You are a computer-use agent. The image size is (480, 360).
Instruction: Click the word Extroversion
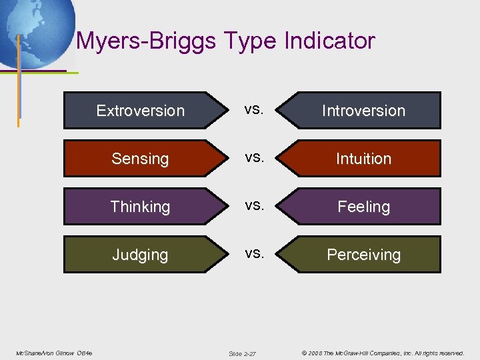coord(140,111)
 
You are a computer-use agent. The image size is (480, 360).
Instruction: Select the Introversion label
coord(363,111)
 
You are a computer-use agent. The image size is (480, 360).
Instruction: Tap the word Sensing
coord(140,159)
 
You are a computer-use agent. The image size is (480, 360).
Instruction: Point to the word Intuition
coord(363,159)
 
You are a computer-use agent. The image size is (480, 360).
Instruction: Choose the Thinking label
coord(140,207)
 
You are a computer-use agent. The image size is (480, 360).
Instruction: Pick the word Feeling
coord(363,207)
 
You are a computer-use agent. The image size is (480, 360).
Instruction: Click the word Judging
coord(140,255)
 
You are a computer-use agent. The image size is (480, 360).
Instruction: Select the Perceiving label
coord(363,255)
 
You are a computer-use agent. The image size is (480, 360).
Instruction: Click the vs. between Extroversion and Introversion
coord(253,109)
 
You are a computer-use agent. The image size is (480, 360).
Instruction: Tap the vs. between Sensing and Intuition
coord(253,157)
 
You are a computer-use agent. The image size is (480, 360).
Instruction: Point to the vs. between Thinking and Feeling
coord(253,205)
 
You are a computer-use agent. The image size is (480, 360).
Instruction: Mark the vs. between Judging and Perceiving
coord(253,253)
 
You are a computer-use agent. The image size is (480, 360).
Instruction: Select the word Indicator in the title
coord(329,41)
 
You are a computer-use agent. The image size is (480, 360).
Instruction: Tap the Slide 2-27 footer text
coord(242,353)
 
